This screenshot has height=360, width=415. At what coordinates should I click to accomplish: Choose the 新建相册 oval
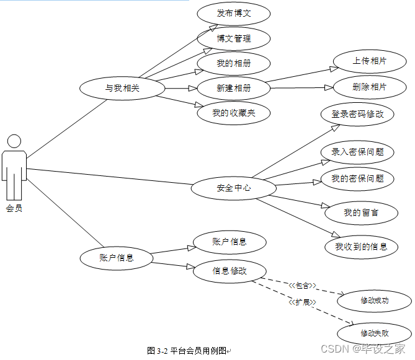tap(234, 88)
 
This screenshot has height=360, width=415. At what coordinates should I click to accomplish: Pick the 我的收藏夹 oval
tap(234, 113)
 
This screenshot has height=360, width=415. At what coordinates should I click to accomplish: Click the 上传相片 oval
tap(369, 61)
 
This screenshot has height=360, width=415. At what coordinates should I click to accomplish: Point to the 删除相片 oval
tap(369, 87)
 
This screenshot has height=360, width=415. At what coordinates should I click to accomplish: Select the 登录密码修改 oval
tap(357, 114)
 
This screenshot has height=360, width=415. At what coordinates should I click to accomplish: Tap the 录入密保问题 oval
tap(357, 152)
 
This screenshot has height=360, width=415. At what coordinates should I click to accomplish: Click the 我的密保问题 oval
tap(357, 179)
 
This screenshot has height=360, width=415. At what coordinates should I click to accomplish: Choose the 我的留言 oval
tap(361, 213)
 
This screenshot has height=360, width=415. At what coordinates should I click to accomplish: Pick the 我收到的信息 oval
tap(361, 247)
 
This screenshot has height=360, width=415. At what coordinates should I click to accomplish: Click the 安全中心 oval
tap(233, 188)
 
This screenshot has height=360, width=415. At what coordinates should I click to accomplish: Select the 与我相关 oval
tap(122, 88)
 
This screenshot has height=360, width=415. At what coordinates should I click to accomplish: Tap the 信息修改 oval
tap(230, 271)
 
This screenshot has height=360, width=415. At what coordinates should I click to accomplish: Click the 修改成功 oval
tap(375, 301)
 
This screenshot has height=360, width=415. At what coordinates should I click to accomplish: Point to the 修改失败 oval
tap(375, 333)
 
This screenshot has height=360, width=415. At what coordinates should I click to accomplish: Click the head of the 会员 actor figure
tap(14, 141)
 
